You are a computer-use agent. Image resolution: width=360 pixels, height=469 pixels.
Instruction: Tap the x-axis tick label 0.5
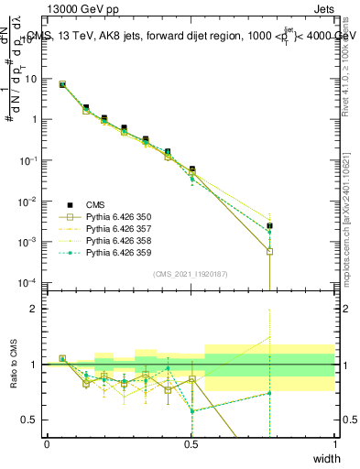coord(191,444)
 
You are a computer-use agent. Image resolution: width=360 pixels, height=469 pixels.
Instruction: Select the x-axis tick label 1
coord(334,444)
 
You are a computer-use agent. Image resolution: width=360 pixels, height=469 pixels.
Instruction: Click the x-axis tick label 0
coord(47,444)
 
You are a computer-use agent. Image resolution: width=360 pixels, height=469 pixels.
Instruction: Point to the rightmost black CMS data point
coord(269,225)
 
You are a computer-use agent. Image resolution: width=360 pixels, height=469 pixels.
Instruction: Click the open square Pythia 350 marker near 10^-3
coord(269,251)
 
